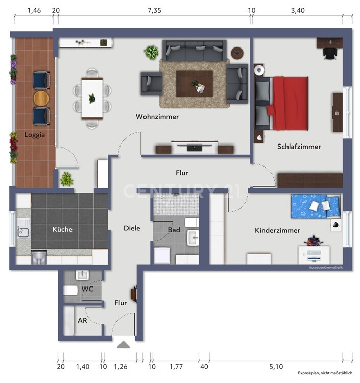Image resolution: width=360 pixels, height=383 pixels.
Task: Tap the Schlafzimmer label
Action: point(299,147)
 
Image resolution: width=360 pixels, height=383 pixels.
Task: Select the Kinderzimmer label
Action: point(277,231)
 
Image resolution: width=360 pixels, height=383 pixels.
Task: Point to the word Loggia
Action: point(35,135)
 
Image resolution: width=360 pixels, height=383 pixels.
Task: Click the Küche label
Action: point(62,229)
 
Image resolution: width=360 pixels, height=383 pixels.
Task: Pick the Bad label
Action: point(174,230)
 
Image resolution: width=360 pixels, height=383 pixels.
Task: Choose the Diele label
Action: point(131,228)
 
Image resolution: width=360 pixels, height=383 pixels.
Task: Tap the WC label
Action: point(87,289)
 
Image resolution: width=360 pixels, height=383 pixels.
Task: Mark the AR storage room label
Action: point(82,321)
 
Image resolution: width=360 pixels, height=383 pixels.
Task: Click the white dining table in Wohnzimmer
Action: point(92,98)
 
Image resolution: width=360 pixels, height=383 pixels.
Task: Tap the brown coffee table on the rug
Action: point(194,81)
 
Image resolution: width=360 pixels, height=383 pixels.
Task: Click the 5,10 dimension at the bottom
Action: point(276,366)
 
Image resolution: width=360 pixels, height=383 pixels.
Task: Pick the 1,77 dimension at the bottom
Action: point(177,366)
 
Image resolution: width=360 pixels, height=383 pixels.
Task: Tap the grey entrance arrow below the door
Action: point(124,345)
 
